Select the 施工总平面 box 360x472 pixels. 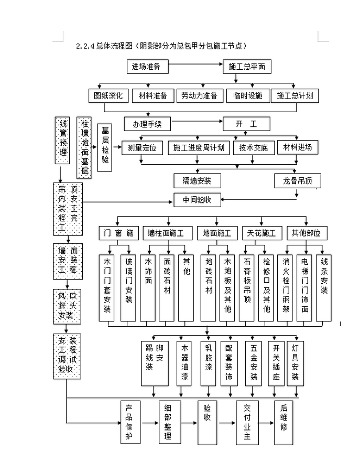[247, 67]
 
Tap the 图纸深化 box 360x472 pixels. [108, 95]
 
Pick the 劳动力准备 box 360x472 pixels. [199, 95]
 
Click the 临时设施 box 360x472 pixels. [247, 95]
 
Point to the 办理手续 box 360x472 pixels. [147, 124]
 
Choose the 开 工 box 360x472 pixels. [247, 124]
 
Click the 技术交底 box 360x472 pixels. [254, 147]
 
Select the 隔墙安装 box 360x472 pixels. [197, 181]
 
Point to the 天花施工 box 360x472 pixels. [261, 232]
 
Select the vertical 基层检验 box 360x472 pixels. [105, 151]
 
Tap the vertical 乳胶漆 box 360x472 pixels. [209, 363]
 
